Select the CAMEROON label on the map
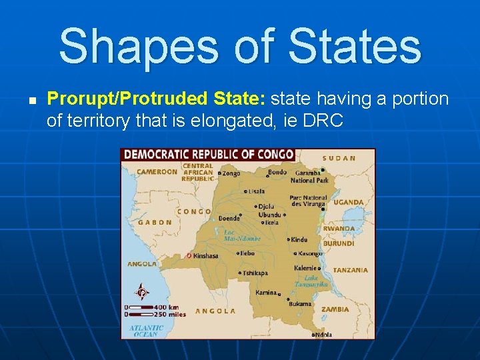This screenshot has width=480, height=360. tap(157, 171)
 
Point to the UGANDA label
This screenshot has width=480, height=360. tap(349, 202)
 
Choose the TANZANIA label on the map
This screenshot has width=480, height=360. tap(351, 270)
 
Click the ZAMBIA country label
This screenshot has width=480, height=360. tap(335, 309)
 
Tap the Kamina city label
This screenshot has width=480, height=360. tap(265, 293)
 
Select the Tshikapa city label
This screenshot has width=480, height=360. tap(255, 273)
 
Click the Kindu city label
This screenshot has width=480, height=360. tap(299, 239)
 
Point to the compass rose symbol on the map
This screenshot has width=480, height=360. tap(141, 293)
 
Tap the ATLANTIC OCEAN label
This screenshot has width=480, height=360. tap(146, 331)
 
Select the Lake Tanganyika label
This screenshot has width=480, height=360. tap(316, 281)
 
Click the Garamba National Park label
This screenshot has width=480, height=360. tap(309, 176)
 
